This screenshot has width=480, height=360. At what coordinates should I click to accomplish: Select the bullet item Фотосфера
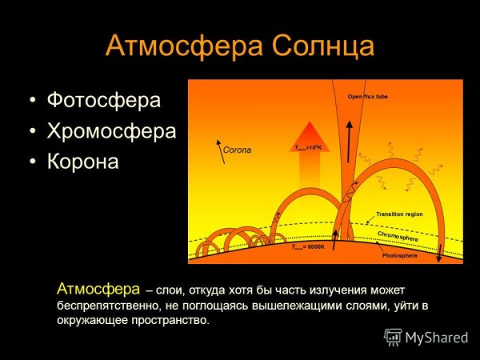click(x=104, y=101)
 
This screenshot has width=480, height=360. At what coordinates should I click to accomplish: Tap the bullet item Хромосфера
click(x=111, y=131)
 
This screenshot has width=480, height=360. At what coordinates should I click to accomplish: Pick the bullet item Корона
click(x=83, y=162)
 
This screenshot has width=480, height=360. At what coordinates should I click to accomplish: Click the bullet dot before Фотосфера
click(x=32, y=102)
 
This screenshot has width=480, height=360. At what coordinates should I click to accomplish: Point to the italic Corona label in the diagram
click(x=237, y=150)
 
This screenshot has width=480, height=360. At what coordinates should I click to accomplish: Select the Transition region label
click(x=399, y=214)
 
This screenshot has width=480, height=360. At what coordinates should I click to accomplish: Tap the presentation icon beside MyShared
click(x=393, y=337)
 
